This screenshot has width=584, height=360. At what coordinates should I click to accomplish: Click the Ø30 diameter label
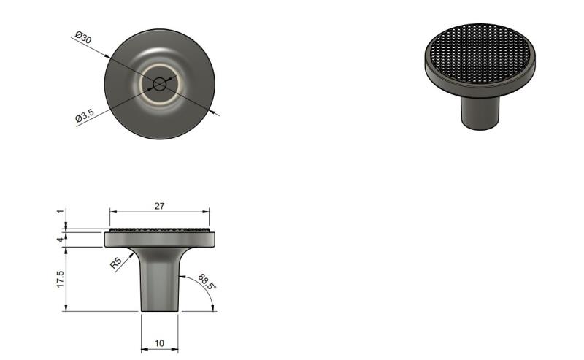(x=83, y=37)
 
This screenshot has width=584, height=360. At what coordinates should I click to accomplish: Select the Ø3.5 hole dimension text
(x=85, y=115)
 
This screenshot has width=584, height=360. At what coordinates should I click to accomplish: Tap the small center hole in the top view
(x=160, y=84)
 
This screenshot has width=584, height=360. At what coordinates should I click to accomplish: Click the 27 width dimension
(x=159, y=206)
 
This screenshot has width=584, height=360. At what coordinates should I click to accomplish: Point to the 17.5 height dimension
(x=61, y=279)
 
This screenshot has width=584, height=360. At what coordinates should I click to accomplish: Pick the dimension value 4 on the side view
(x=61, y=240)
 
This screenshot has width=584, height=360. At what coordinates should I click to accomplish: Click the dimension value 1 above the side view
(x=61, y=212)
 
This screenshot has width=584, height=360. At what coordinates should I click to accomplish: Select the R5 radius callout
(x=116, y=264)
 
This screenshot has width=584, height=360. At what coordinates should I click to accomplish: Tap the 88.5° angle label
(x=207, y=282)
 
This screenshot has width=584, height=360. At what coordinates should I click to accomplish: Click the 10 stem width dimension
(x=159, y=343)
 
